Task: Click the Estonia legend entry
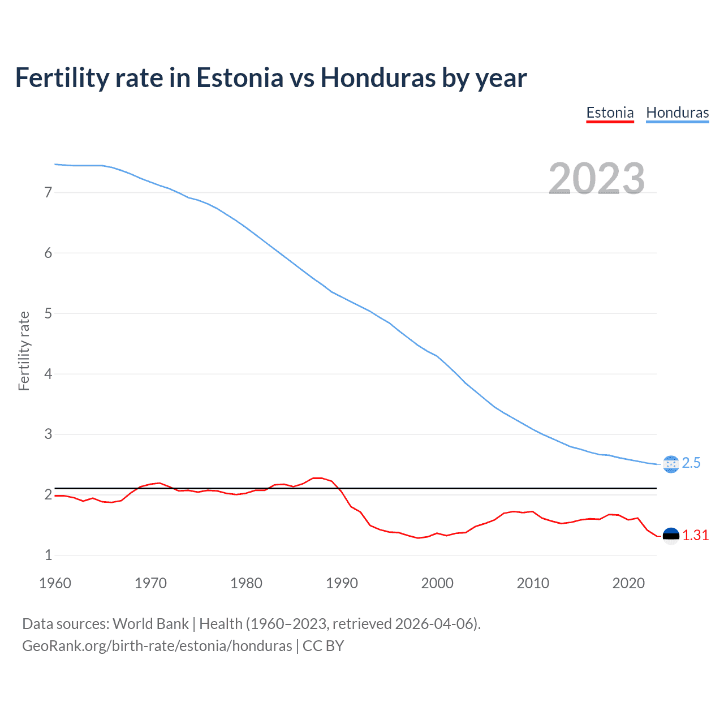(610, 113)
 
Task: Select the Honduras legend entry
(677, 113)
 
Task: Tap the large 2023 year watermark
(597, 179)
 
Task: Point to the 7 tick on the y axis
(48, 192)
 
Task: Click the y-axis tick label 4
(48, 374)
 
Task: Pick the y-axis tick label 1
(48, 555)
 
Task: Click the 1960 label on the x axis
(55, 583)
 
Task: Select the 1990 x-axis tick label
(342, 583)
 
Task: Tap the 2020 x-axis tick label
(628, 583)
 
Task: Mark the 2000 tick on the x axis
(437, 583)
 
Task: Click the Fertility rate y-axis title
(24, 351)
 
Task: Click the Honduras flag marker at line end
(670, 464)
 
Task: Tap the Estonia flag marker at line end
(670, 536)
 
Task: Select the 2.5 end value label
(691, 463)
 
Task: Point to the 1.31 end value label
(695, 536)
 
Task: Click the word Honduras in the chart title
(378, 78)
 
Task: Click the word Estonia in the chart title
(239, 78)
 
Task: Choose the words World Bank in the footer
(150, 624)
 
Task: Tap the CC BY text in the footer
(323, 646)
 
